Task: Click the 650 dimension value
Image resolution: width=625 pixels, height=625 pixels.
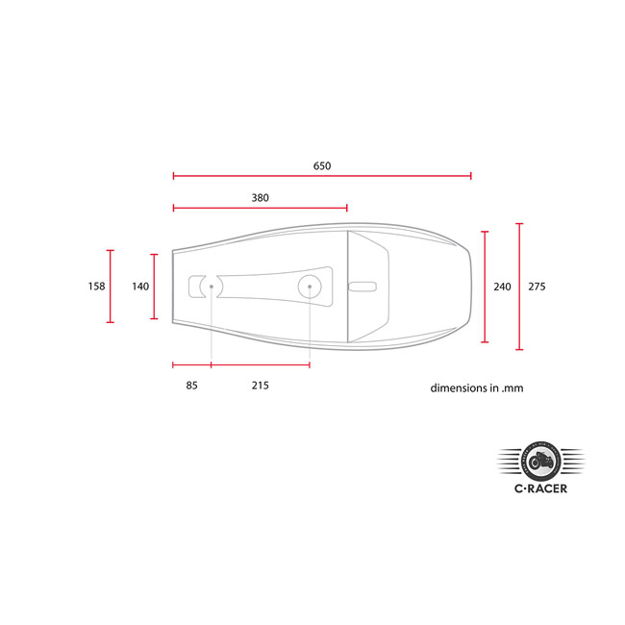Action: click(322, 166)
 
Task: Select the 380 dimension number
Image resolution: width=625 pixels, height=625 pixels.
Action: click(260, 197)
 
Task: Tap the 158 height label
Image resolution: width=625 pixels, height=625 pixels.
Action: click(95, 287)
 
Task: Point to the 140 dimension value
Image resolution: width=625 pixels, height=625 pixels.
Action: click(140, 287)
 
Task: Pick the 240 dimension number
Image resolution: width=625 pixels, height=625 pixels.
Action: click(502, 287)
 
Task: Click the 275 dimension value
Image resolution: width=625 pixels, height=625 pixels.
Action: click(537, 287)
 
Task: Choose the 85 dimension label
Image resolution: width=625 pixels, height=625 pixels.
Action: click(191, 386)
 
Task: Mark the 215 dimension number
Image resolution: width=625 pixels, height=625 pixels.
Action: click(260, 386)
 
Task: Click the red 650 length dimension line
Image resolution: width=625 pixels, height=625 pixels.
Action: click(322, 176)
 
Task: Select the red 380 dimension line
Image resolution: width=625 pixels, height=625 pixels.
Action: click(260, 208)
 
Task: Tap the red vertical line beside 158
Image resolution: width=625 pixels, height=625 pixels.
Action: click(111, 287)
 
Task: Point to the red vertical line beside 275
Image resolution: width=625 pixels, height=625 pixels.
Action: click(519, 287)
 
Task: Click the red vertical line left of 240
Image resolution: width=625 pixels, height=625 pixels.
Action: click(485, 287)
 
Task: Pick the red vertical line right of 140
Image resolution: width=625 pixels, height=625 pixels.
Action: click(154, 287)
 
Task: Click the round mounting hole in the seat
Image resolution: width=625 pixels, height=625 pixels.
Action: click(310, 285)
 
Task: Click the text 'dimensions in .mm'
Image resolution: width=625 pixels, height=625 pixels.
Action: click(477, 389)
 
